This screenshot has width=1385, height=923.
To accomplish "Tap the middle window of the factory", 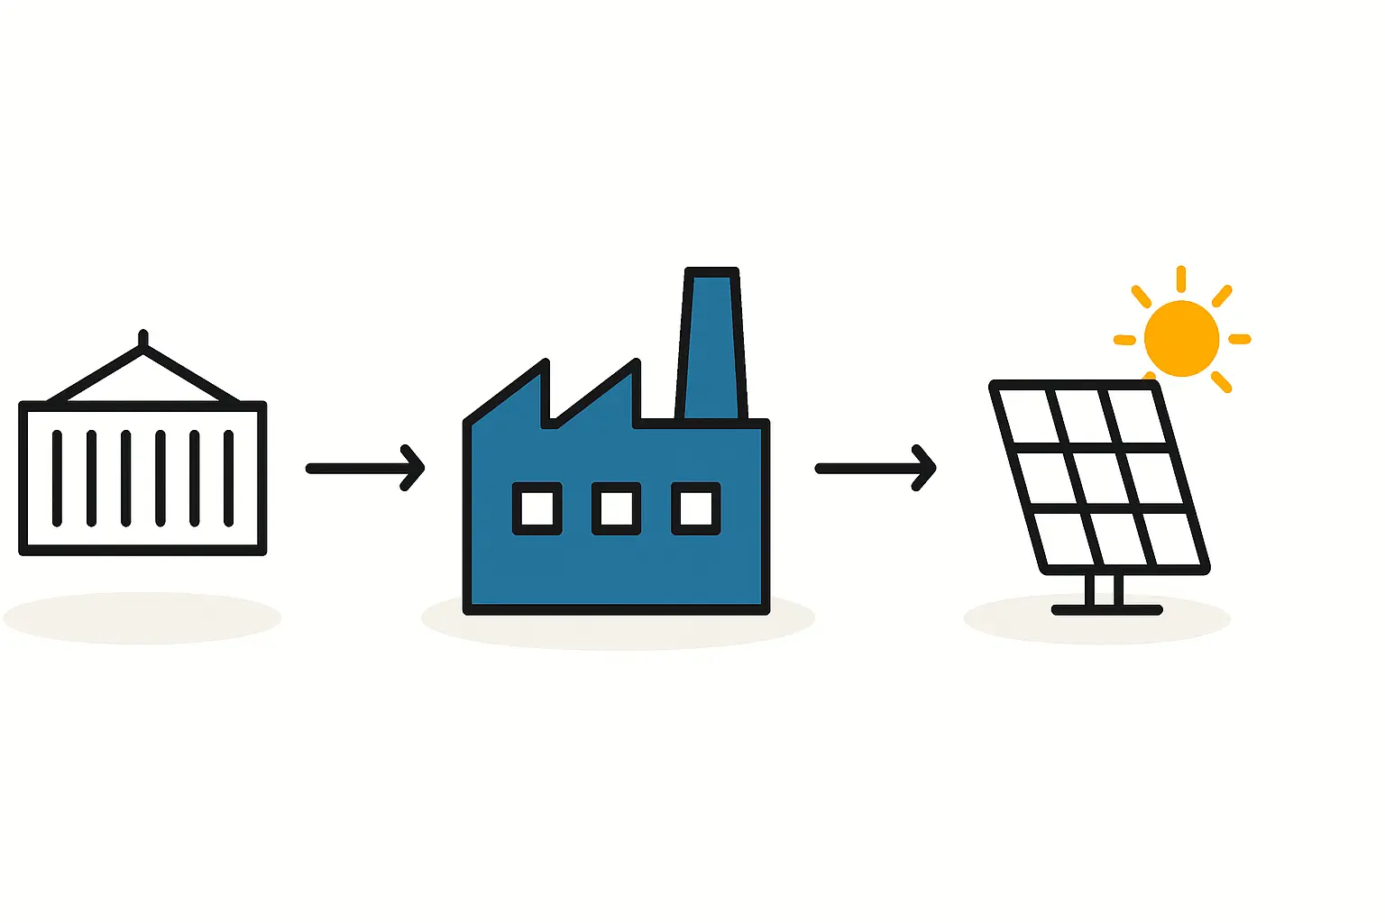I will coord(617,508).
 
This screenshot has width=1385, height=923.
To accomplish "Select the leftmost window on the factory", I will coord(537,508).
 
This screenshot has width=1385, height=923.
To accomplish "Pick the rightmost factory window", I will coord(696,508).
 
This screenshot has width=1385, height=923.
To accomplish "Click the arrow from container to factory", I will coord(364,468).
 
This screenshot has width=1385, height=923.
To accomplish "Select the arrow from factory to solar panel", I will coord(875,468).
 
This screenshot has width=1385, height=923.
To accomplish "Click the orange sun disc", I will coord(1181,339).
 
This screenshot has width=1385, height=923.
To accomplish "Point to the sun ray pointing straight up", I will coord(1181,279).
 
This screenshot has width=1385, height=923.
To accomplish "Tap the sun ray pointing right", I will coord(1240,339).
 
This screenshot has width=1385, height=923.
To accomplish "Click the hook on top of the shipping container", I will coord(143,339).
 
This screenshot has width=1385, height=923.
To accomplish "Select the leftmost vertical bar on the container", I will coord(58,478).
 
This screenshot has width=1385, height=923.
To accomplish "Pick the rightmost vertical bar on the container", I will coord(229,478).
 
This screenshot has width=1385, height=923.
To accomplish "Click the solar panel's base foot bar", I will coord(1107,610).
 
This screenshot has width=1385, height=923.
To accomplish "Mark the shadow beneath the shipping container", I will coord(142,618).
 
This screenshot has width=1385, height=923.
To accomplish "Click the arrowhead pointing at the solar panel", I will coord(927,468).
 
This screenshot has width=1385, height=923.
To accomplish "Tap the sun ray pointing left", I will coord(1124,340).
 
